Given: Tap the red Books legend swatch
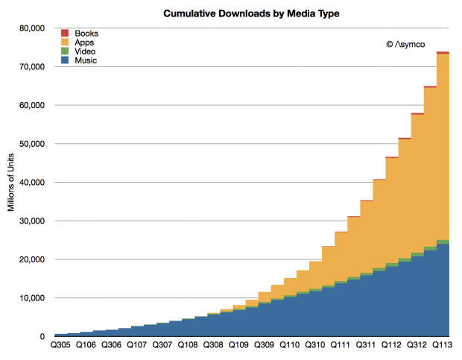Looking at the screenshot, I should pos(64,34).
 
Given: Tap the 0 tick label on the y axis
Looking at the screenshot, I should pos(43,337).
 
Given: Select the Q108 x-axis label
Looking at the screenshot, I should pos(187,346).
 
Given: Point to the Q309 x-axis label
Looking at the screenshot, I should pos(263,346).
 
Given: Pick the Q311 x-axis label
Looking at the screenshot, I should pos(365,346).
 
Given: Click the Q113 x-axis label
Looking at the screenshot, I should pos(441,346).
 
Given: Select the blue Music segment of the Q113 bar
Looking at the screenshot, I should pos(443,291).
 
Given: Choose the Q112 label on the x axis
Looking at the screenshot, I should pos(390,346).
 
